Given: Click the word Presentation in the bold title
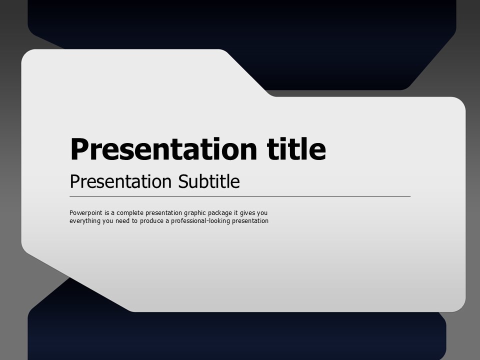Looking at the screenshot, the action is click(x=163, y=149).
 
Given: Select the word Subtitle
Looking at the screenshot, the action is click(x=209, y=181).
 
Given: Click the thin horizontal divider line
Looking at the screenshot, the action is click(x=240, y=197).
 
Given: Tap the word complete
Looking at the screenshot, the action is click(x=130, y=213).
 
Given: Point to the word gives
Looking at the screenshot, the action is click(x=247, y=213).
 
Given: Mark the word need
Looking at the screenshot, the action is click(x=122, y=220).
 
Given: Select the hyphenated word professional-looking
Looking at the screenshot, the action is click(x=200, y=221).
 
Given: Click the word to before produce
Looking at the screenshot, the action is click(x=134, y=220).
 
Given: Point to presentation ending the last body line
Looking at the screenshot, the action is click(x=250, y=221).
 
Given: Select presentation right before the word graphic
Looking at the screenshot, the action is click(x=163, y=213).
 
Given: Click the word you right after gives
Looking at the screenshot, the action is click(x=262, y=213).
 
